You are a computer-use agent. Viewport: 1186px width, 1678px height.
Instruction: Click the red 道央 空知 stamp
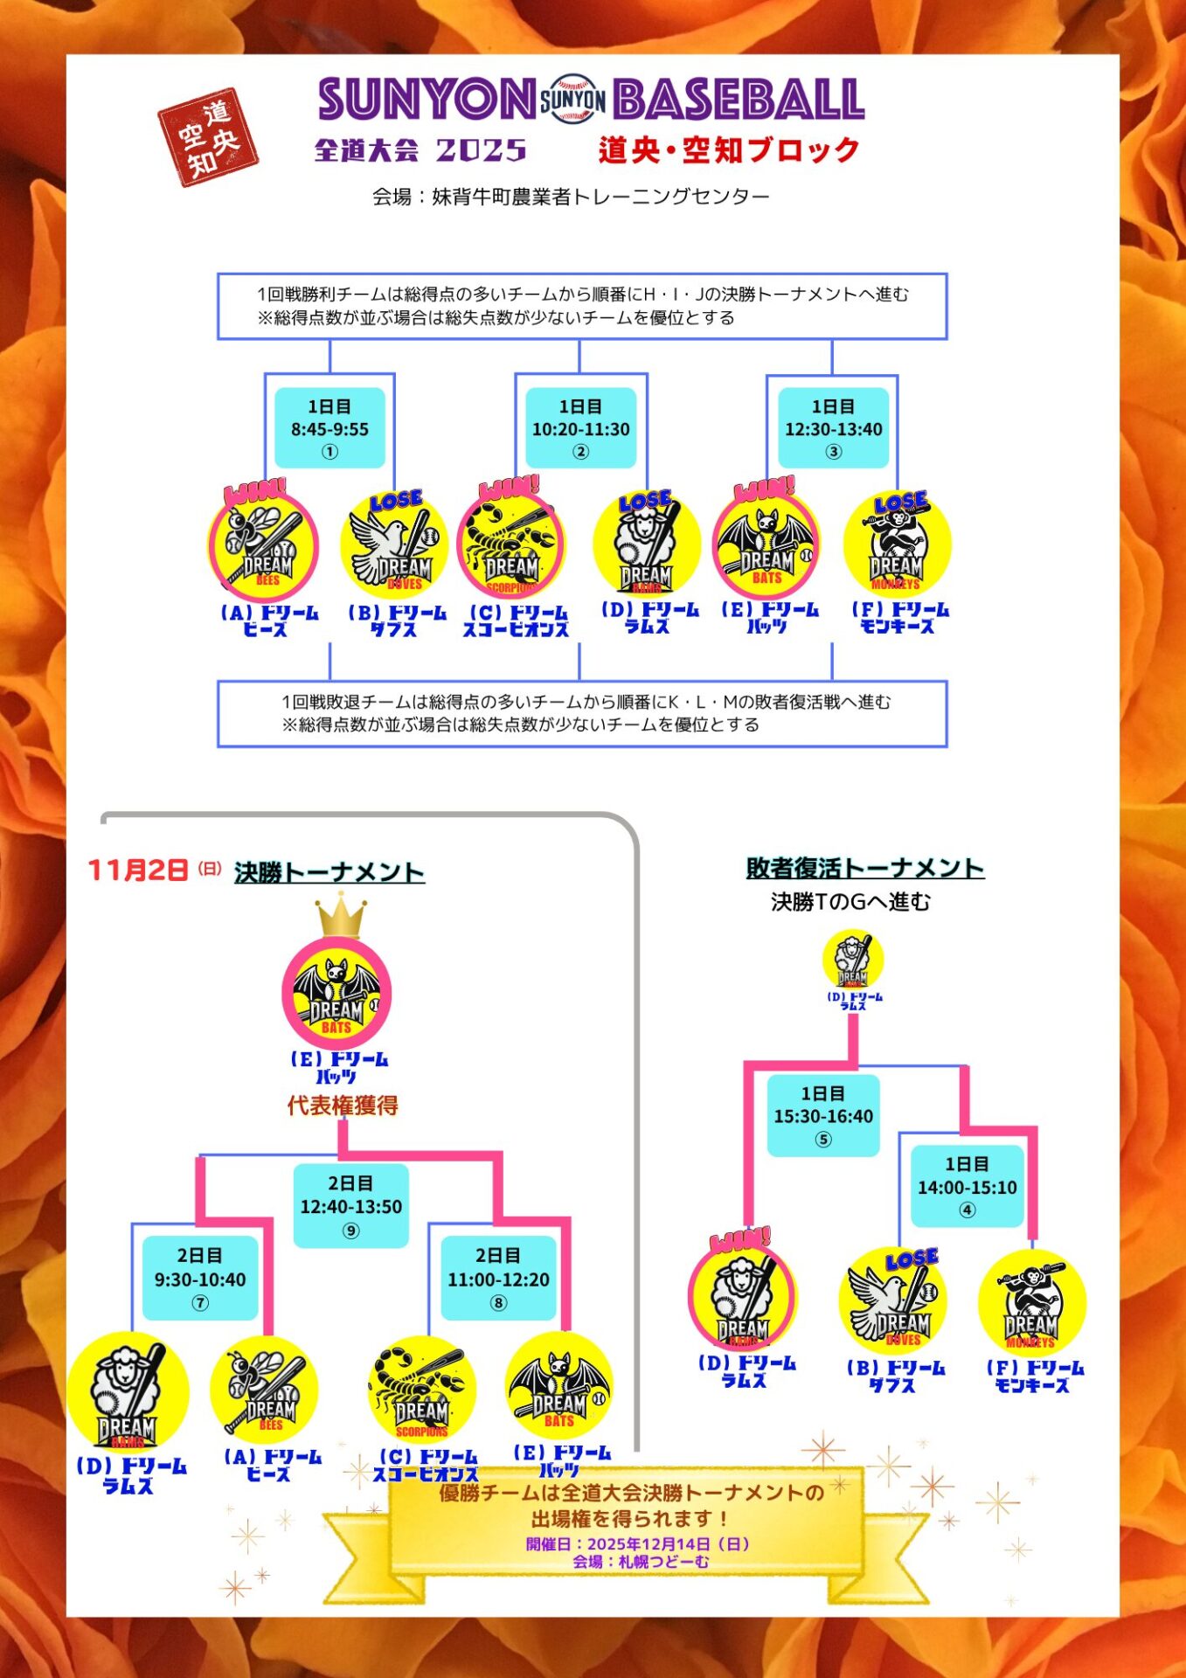click(x=208, y=137)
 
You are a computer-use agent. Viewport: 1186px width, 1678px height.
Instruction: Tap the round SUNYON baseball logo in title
click(x=572, y=101)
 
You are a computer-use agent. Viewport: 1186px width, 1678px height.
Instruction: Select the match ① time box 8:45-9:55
click(x=329, y=428)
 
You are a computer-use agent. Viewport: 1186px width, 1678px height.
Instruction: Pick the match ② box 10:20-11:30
click(x=580, y=428)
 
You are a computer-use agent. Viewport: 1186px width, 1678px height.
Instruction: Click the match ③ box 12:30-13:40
click(x=833, y=428)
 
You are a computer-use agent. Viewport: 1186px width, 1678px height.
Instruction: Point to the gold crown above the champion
click(x=340, y=916)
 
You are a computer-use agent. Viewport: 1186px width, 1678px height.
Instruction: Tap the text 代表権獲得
click(x=343, y=1106)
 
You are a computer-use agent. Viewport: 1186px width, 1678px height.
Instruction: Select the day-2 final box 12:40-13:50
click(x=350, y=1206)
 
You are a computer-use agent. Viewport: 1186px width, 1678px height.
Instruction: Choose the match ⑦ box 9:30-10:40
click(x=200, y=1279)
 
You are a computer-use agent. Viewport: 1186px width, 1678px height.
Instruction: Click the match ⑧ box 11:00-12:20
click(x=498, y=1279)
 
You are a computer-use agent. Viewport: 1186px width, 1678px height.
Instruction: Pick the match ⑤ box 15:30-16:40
click(x=823, y=1116)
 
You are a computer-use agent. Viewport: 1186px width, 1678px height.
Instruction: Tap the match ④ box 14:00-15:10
click(x=967, y=1187)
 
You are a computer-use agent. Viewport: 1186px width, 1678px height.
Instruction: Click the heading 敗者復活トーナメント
click(x=864, y=868)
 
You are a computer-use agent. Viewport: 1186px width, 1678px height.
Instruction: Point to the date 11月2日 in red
click(x=138, y=870)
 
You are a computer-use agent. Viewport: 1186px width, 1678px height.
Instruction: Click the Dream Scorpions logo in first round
click(x=511, y=547)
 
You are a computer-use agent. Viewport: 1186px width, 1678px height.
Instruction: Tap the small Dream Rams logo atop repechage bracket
click(x=853, y=960)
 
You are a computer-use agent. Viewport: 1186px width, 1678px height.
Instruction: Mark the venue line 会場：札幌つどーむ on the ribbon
click(x=641, y=1562)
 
